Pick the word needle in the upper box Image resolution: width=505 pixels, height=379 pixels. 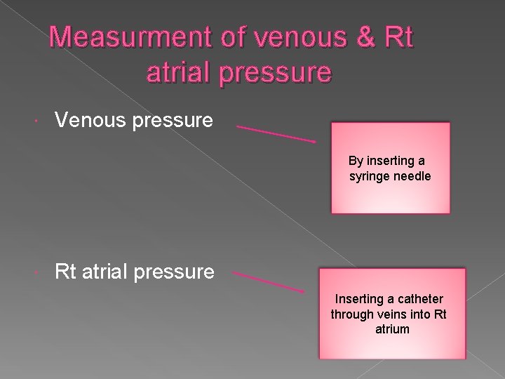pyautogui.click(x=413, y=175)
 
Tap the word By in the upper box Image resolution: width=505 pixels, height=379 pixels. pyautogui.click(x=365, y=161)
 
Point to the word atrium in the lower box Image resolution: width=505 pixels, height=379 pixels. pyautogui.click(x=392, y=328)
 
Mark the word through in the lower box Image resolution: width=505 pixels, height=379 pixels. pyautogui.click(x=353, y=314)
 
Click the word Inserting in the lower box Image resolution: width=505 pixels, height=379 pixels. pyautogui.click(x=358, y=299)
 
